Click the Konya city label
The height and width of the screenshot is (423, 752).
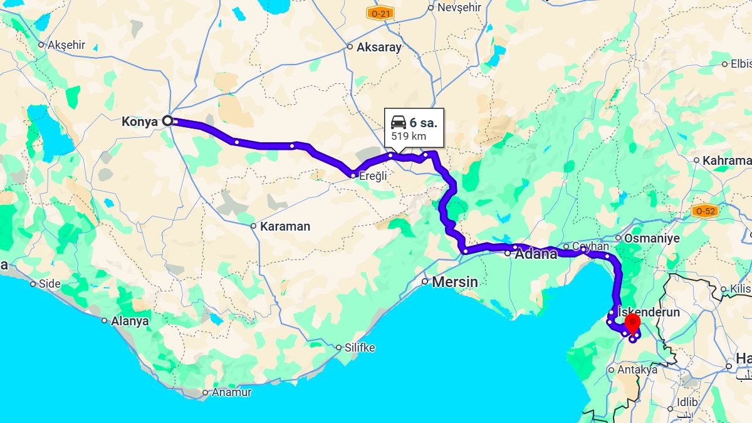pos(140,122)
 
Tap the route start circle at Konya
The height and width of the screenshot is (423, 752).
pos(167,121)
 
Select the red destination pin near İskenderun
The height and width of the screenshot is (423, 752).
pos(632,324)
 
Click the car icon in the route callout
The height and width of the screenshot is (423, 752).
pos(398,122)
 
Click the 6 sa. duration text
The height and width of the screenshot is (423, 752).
pos(424,123)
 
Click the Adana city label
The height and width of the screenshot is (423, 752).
pos(536,254)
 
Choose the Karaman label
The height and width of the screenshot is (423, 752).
pos(285,226)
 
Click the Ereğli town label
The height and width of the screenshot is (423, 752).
pos(373,176)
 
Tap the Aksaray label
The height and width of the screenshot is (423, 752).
pos(379,47)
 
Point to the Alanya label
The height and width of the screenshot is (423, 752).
pos(130,321)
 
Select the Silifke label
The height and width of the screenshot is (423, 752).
pos(359,347)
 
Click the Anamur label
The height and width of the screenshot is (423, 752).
pos(231,392)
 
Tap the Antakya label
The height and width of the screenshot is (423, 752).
pos(637,370)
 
